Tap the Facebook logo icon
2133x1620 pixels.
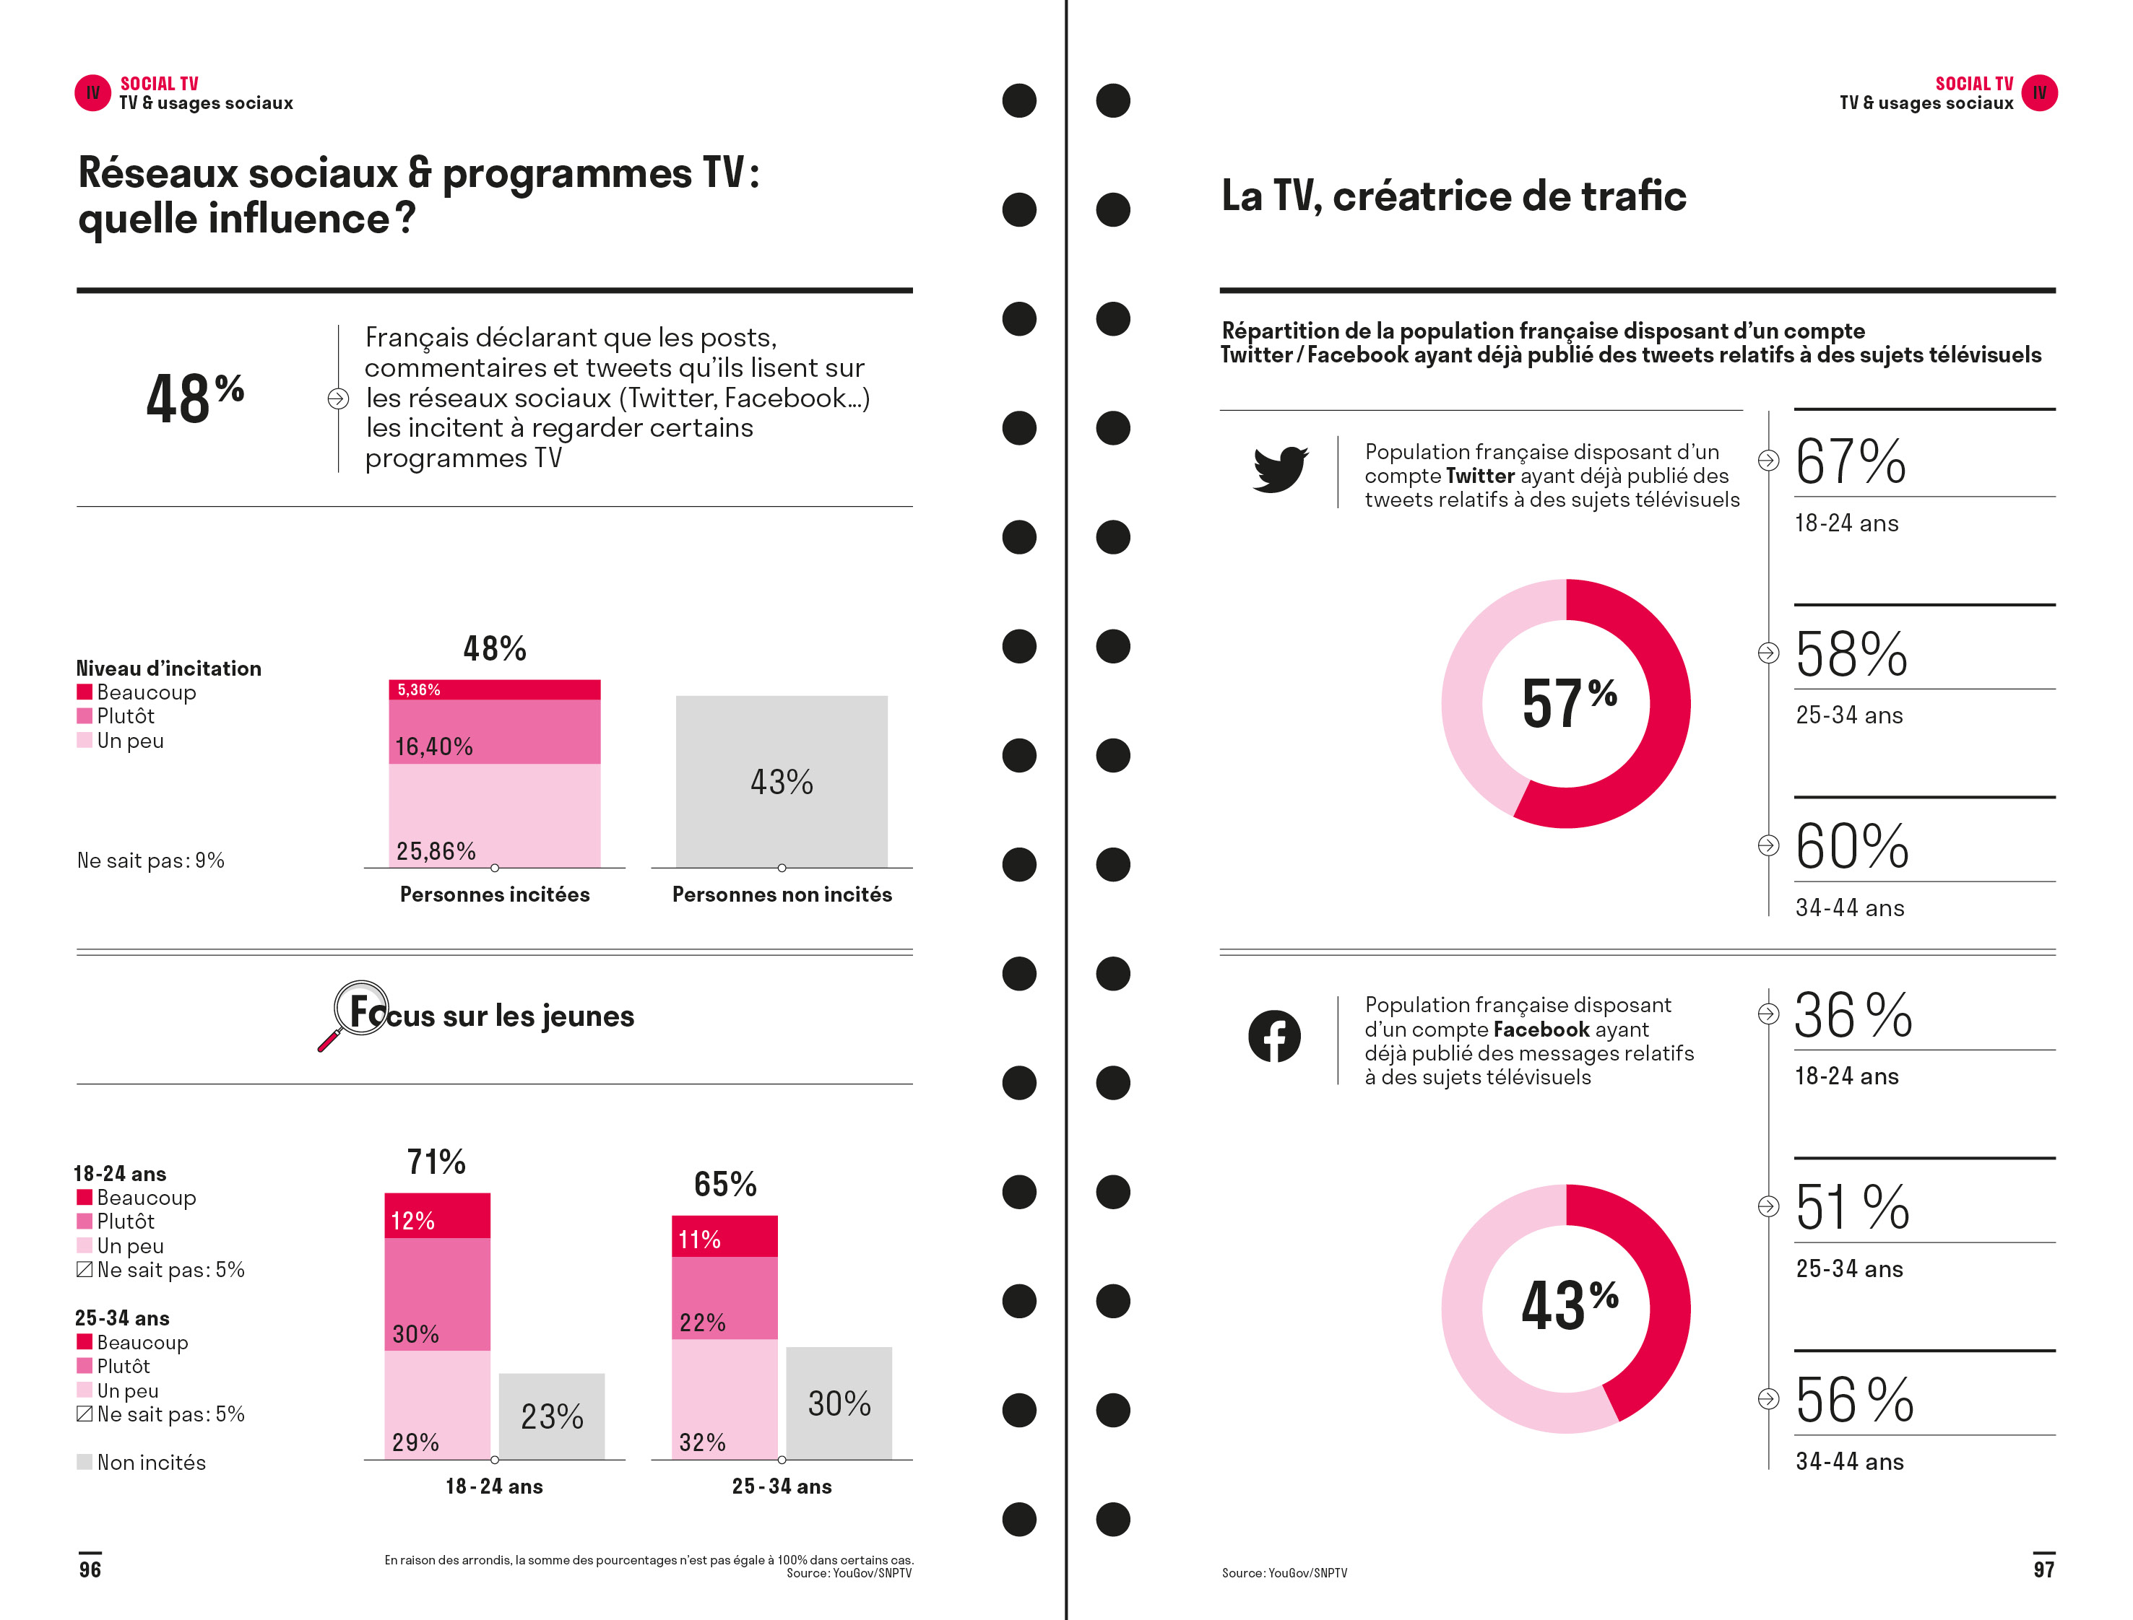tap(1273, 1036)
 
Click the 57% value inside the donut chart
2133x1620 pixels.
tap(1569, 703)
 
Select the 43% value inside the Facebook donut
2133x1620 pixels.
tap(1569, 1306)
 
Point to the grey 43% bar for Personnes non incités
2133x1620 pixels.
tap(782, 781)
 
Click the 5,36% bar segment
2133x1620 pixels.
tap(494, 689)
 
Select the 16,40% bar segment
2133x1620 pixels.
tap(494, 732)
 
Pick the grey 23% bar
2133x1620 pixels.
tap(552, 1416)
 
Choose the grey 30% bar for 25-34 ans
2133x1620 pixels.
tap(839, 1402)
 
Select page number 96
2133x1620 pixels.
tap(90, 1569)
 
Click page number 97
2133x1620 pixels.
tap(2042, 1569)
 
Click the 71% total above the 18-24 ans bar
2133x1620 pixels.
tap(436, 1162)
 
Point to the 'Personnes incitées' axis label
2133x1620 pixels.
tap(494, 894)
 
